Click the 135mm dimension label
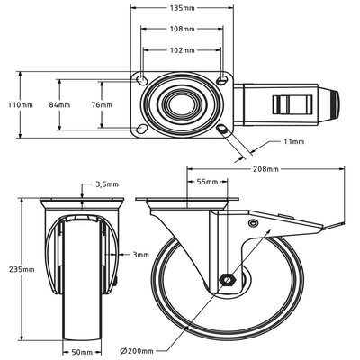coord(183,8)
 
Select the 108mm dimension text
coord(183,29)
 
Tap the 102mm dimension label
coord(183,50)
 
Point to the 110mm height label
coord(21,105)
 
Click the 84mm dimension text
coord(59,105)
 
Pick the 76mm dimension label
coord(102,105)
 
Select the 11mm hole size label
coord(294,141)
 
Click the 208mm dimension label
coord(265,169)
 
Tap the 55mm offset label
coord(207,182)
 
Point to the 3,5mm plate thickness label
coord(107,184)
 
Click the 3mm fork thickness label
coord(140,255)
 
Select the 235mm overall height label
coord(22,269)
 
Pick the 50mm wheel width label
coord(82,352)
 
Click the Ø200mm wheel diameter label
coord(136,351)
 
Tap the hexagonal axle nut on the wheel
coord(227,280)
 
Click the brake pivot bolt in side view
coord(253,222)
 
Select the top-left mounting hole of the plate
coord(141,80)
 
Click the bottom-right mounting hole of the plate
coord(223,129)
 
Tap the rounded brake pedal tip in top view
coord(335,104)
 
